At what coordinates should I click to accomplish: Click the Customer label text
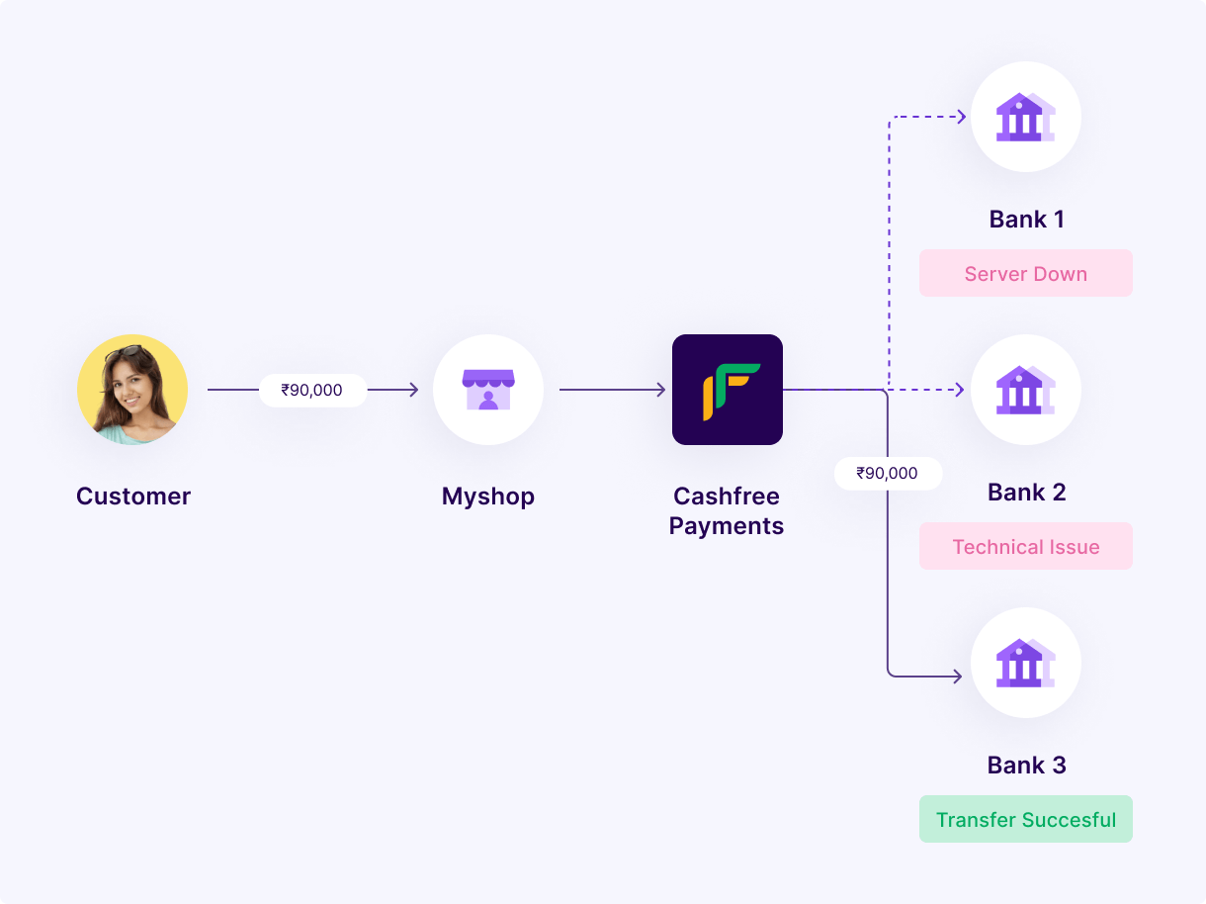[133, 496]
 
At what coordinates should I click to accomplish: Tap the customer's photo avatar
[132, 390]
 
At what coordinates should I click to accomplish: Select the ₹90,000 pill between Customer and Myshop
[312, 390]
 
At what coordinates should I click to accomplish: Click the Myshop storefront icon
[488, 390]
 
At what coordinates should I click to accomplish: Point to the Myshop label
[488, 497]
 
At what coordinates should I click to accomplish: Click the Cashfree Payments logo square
[727, 390]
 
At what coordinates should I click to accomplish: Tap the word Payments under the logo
[727, 526]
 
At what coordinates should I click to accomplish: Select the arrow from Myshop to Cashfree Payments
[612, 390]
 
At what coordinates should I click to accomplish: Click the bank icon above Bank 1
[1025, 117]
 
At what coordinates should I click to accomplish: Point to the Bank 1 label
[1026, 220]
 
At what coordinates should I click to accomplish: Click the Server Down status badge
[1026, 273]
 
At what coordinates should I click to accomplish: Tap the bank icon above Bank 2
[1025, 390]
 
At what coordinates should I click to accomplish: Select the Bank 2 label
[1026, 492]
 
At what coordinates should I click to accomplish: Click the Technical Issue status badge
[1026, 546]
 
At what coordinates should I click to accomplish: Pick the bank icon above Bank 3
[1025, 663]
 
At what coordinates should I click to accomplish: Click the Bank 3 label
[1026, 765]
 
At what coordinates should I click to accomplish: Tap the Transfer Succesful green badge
[1026, 819]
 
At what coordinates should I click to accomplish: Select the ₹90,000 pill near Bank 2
[888, 473]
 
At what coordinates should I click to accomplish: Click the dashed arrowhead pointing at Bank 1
[962, 117]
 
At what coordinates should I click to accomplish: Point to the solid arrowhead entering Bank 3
[958, 676]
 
